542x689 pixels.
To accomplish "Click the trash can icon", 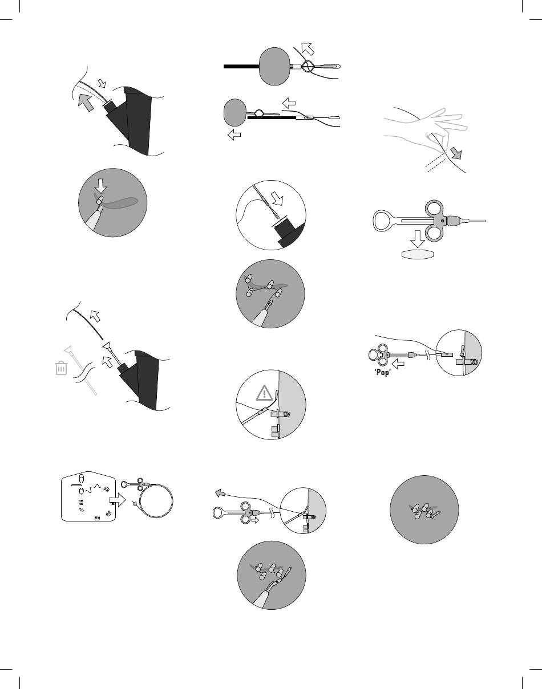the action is pos(60,369).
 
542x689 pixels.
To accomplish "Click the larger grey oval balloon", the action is pos(275,67).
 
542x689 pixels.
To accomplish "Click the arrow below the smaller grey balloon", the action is pos(233,135).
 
